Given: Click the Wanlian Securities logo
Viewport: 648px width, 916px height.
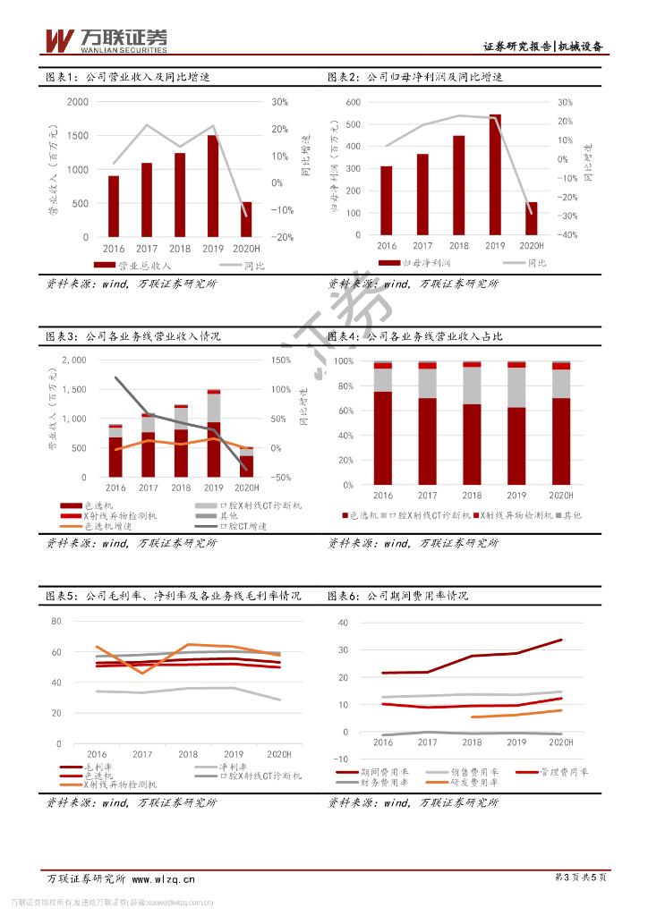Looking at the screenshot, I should pos(106,39).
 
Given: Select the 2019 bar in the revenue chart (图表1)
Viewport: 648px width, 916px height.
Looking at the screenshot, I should pos(213,186).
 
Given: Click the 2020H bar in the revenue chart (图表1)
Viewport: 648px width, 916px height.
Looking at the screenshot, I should pos(246,220).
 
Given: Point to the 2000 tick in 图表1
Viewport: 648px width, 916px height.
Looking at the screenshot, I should pos(78,103).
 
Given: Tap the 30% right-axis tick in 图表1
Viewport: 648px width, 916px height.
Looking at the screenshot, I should pos(279,103).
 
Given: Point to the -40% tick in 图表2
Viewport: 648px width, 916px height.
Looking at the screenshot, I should pos(566,235).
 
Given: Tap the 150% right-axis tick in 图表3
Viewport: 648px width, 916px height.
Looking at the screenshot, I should pos(281,360).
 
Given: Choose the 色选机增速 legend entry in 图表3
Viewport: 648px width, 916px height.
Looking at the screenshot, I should pos(113,528).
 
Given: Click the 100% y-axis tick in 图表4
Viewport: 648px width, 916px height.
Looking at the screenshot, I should pos(344,361).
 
